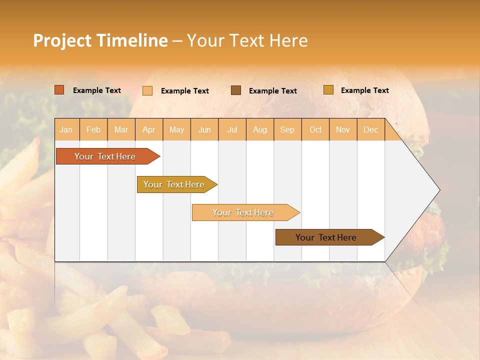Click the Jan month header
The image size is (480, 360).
(66, 129)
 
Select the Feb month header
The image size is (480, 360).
(93, 129)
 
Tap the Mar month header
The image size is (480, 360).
(121, 129)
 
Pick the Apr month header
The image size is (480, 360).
(149, 129)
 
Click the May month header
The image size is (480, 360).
(176, 129)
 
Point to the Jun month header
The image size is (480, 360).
(204, 129)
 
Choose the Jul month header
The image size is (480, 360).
(232, 129)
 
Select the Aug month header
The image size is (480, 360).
(260, 129)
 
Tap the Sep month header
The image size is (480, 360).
(287, 129)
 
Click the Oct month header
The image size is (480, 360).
(315, 129)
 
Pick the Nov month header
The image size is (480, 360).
(343, 129)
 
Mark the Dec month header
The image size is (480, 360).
(371, 129)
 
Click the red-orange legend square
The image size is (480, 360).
(59, 90)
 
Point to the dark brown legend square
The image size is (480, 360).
(236, 90)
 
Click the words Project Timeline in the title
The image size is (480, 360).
(100, 40)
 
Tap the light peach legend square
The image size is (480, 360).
(147, 90)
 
